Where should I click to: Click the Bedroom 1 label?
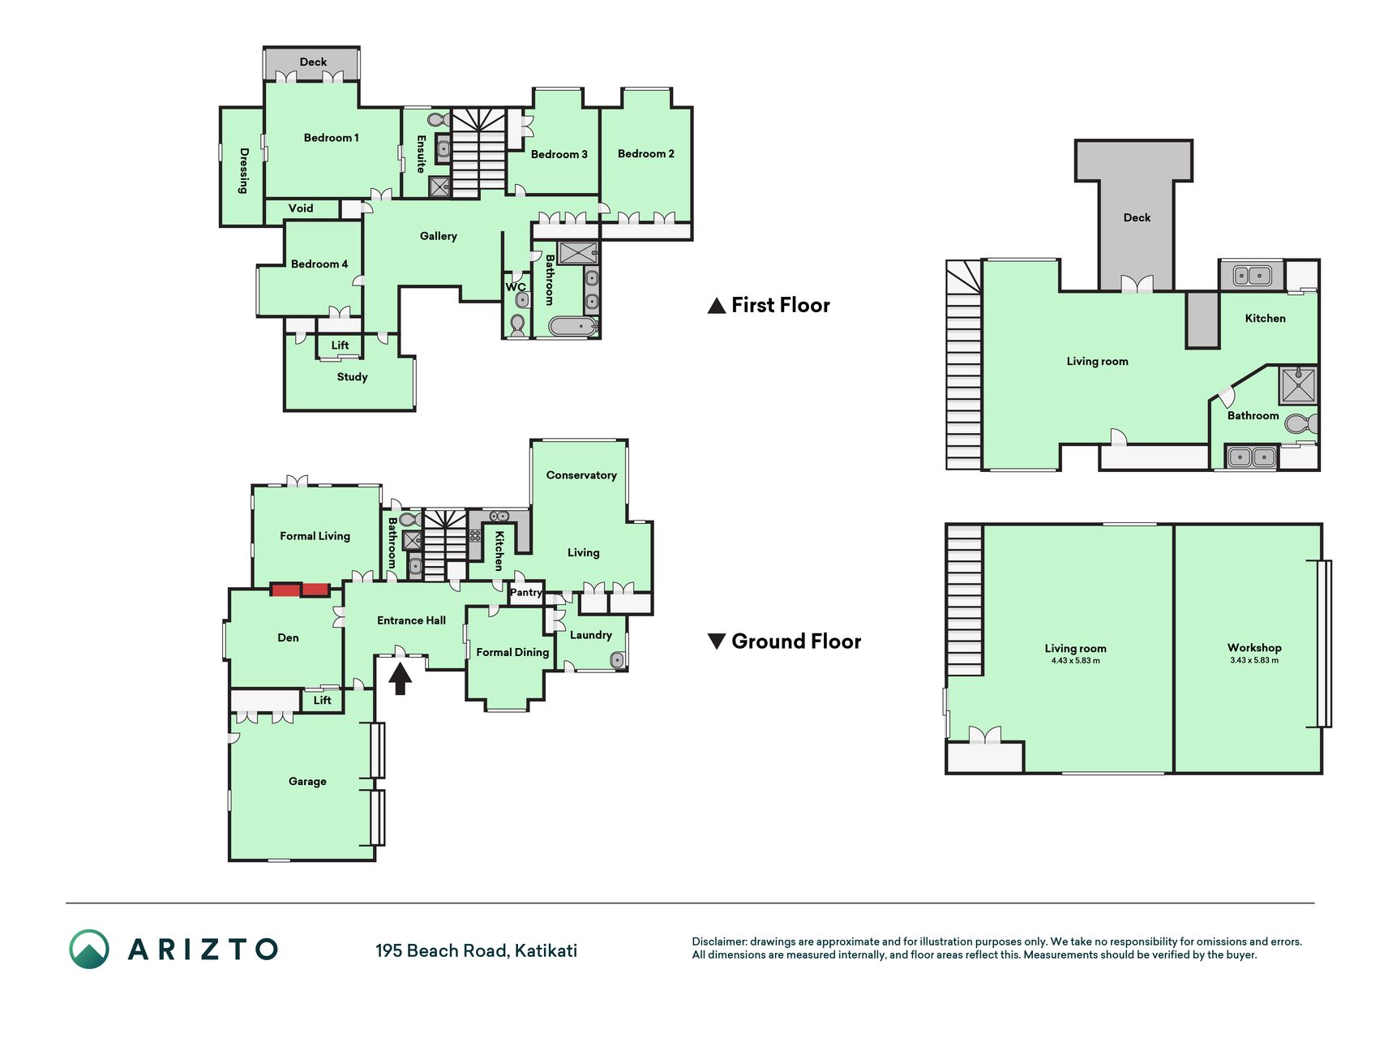point(331,138)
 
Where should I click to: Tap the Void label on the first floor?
point(301,208)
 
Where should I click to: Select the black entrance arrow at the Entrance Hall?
point(400,679)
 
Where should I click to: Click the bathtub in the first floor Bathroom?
point(573,326)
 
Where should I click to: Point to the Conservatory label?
point(581,475)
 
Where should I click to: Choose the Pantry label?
point(526,593)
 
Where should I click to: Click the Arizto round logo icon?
point(89,949)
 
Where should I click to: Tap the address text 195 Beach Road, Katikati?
point(476,950)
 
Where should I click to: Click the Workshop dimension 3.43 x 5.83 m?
point(1254,660)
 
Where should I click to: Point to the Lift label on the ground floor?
point(323,701)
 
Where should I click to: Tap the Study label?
point(353,377)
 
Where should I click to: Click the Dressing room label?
point(243,170)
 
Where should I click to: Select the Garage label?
point(308,782)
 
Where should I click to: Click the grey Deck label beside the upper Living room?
point(1137,218)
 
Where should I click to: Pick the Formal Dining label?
point(512,653)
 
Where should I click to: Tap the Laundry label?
point(591,635)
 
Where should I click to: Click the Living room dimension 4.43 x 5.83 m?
point(1076,661)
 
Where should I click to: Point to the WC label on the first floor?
point(516,287)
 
